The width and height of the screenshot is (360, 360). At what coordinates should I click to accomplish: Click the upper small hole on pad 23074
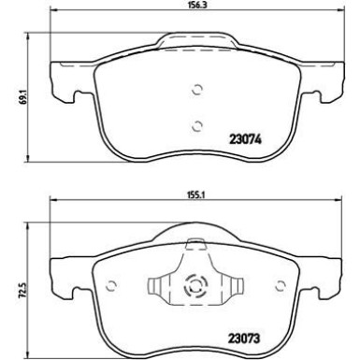coord(196,90)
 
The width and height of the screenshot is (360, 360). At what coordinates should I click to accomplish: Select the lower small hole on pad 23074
coord(196,124)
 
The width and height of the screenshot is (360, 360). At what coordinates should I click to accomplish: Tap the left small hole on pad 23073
coord(109,286)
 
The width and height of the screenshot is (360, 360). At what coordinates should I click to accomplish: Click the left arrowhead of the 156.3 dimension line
coord(52,15)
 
